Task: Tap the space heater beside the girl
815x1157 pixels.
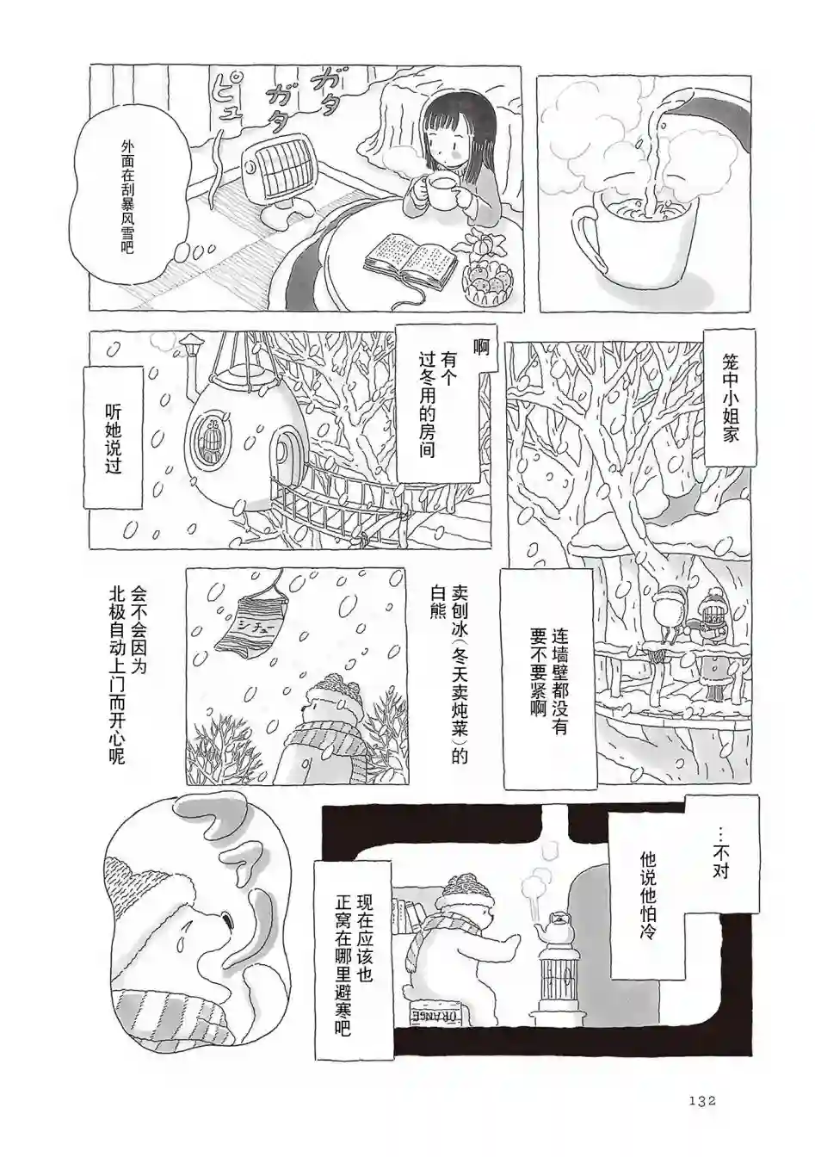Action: click(275, 183)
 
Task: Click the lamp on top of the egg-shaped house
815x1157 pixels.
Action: click(189, 349)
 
